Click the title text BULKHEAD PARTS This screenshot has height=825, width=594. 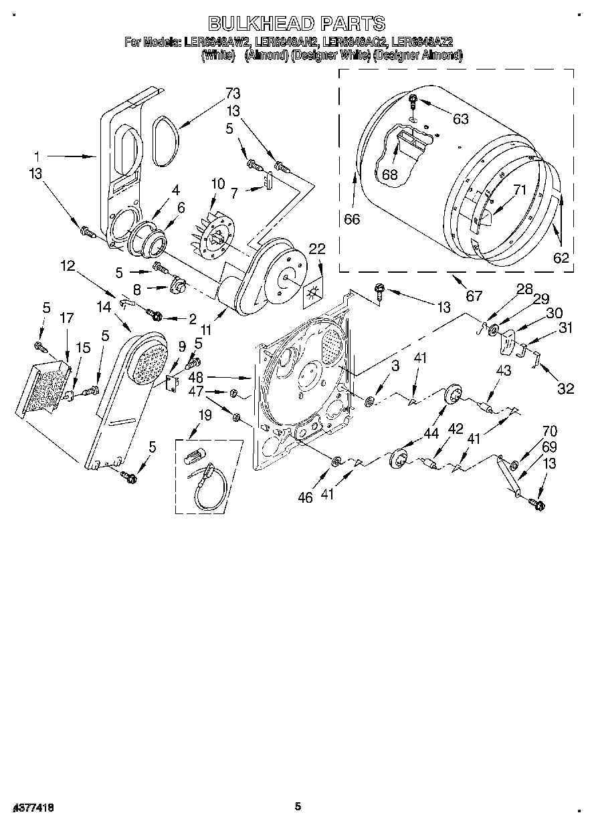(297, 23)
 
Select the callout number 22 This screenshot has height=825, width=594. (317, 249)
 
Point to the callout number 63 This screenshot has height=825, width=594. (460, 119)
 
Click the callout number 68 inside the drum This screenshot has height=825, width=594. (390, 175)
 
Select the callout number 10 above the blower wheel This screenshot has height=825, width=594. (218, 183)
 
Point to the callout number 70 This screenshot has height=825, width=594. (530, 432)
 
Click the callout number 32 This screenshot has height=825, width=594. (566, 389)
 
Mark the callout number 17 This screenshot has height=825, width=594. (66, 320)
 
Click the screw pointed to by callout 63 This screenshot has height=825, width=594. (413, 101)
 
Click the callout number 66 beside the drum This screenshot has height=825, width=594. (352, 219)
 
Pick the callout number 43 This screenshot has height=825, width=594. (503, 371)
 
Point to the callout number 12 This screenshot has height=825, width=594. (67, 265)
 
